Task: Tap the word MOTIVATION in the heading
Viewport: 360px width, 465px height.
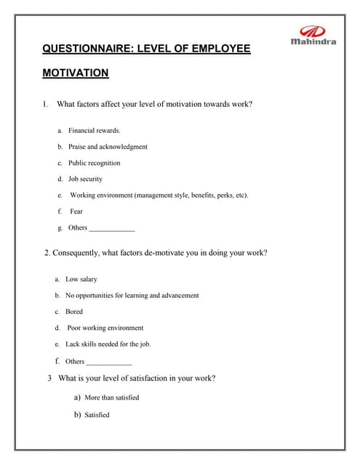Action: (x=76, y=73)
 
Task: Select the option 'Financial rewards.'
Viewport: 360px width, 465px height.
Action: (x=95, y=131)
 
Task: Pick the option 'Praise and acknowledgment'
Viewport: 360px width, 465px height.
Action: (x=108, y=147)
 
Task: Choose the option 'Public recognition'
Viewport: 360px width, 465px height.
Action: (x=95, y=163)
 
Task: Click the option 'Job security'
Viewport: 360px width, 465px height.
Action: (x=85, y=179)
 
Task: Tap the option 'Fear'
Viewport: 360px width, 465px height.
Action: (x=76, y=211)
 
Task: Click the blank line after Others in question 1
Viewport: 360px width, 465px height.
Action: (x=112, y=229)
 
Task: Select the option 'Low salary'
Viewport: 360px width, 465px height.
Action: (x=81, y=280)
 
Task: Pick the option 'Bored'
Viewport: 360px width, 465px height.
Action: (x=74, y=312)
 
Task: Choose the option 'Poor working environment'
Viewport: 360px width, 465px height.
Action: (x=105, y=328)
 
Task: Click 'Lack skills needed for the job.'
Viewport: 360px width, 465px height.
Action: (x=108, y=344)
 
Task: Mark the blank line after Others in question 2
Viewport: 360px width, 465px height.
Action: (x=109, y=363)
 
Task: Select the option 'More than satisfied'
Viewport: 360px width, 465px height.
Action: (x=111, y=398)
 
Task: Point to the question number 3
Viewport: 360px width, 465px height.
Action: (x=49, y=378)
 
